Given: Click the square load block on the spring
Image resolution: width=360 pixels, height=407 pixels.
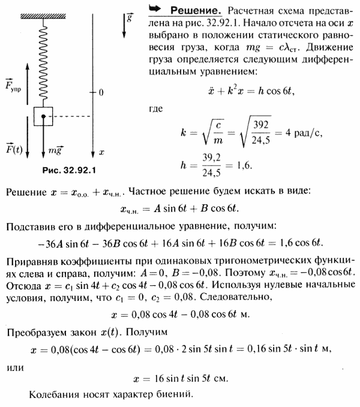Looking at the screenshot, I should tap(43, 116).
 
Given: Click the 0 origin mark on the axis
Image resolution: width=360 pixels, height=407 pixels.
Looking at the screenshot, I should tap(101, 92).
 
